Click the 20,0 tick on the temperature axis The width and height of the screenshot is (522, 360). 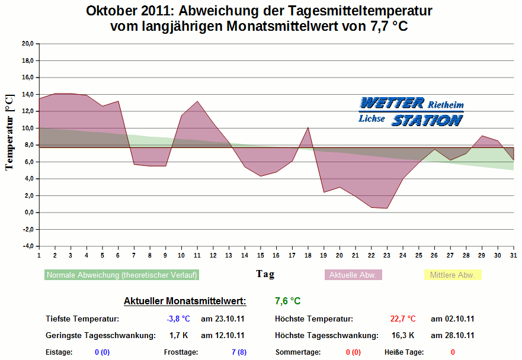pyautogui.click(x=27, y=43)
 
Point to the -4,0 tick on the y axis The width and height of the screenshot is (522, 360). pyautogui.click(x=27, y=246)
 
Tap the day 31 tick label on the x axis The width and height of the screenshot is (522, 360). pyautogui.click(x=513, y=255)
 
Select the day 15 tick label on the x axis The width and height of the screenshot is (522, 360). pyautogui.click(x=260, y=255)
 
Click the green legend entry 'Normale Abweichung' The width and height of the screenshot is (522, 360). pyautogui.click(x=121, y=275)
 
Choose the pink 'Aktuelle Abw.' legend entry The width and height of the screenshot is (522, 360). pyautogui.click(x=353, y=275)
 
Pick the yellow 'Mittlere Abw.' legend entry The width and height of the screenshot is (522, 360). pyautogui.click(x=453, y=275)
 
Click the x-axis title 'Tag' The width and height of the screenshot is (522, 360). pyautogui.click(x=265, y=274)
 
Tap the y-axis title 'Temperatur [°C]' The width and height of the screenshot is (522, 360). pyautogui.click(x=9, y=132)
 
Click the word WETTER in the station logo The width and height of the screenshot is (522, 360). pyautogui.click(x=392, y=103)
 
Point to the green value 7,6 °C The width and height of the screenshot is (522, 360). pyautogui.click(x=287, y=301)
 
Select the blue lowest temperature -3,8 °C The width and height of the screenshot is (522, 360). pyautogui.click(x=178, y=319)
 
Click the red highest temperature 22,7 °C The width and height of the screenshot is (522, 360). pyautogui.click(x=403, y=319)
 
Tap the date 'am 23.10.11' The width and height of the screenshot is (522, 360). pyautogui.click(x=223, y=319)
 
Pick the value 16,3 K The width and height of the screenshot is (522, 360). pyautogui.click(x=403, y=335)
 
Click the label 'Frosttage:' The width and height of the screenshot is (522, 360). pyautogui.click(x=180, y=352)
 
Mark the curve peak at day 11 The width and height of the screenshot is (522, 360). pyautogui.click(x=197, y=101)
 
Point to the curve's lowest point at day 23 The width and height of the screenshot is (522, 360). pyautogui.click(x=387, y=208)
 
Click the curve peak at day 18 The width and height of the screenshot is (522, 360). pyautogui.click(x=308, y=127)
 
